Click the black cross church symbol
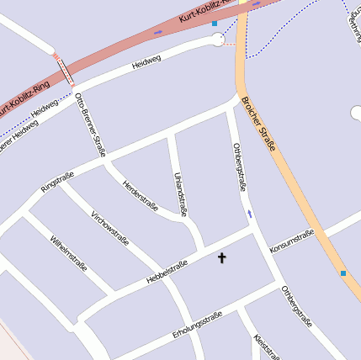[x=222, y=257]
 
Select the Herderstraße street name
[x=141, y=195]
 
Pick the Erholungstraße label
[x=196, y=322]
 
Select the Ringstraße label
[x=57, y=182]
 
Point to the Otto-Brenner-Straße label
[x=89, y=124]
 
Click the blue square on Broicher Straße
[x=343, y=273]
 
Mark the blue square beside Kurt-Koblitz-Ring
[x=215, y=24]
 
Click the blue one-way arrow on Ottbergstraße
[x=249, y=214]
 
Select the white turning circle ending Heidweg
[x=218, y=40]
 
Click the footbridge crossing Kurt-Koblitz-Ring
[x=64, y=70]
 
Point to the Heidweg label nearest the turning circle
[x=146, y=64]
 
